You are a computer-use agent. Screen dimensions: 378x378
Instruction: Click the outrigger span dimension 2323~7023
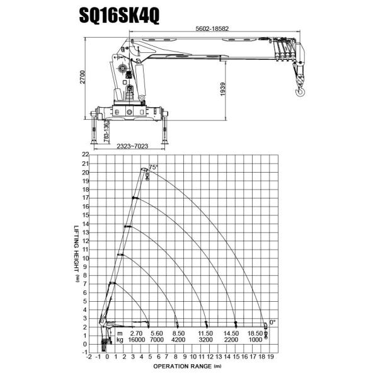132,146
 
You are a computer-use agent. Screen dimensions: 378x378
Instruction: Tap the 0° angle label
272,322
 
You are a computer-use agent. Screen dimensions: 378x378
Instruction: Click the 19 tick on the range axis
272,356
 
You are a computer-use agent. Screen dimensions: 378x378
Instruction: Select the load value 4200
178,340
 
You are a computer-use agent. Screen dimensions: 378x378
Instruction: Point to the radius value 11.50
206,333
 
